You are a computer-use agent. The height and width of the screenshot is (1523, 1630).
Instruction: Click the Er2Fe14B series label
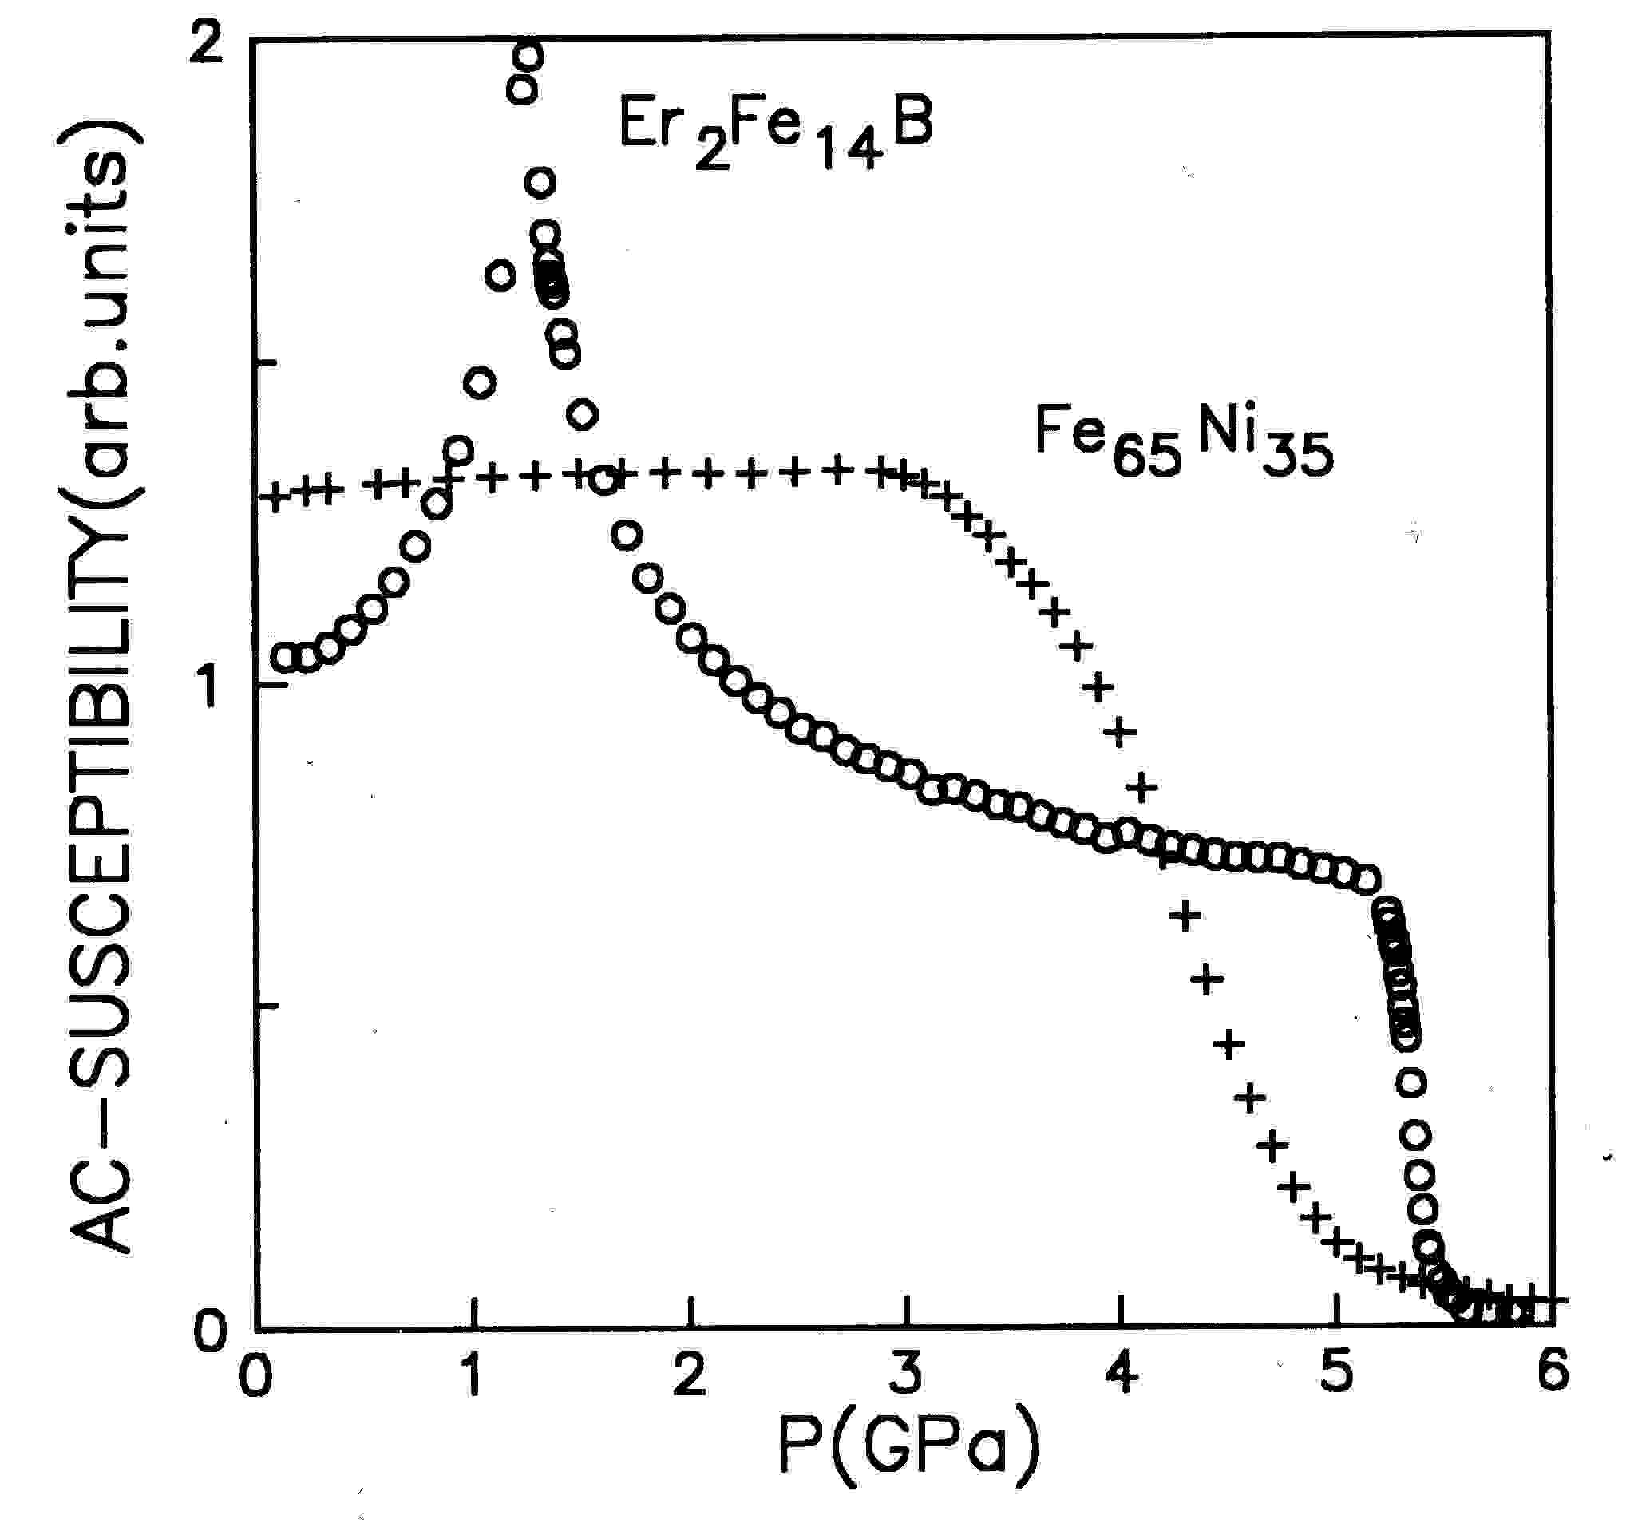pyautogui.click(x=775, y=131)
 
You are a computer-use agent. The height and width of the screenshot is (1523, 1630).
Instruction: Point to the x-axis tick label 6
pyautogui.click(x=1552, y=1371)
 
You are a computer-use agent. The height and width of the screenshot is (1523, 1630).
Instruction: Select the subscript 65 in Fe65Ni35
pyautogui.click(x=1147, y=457)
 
